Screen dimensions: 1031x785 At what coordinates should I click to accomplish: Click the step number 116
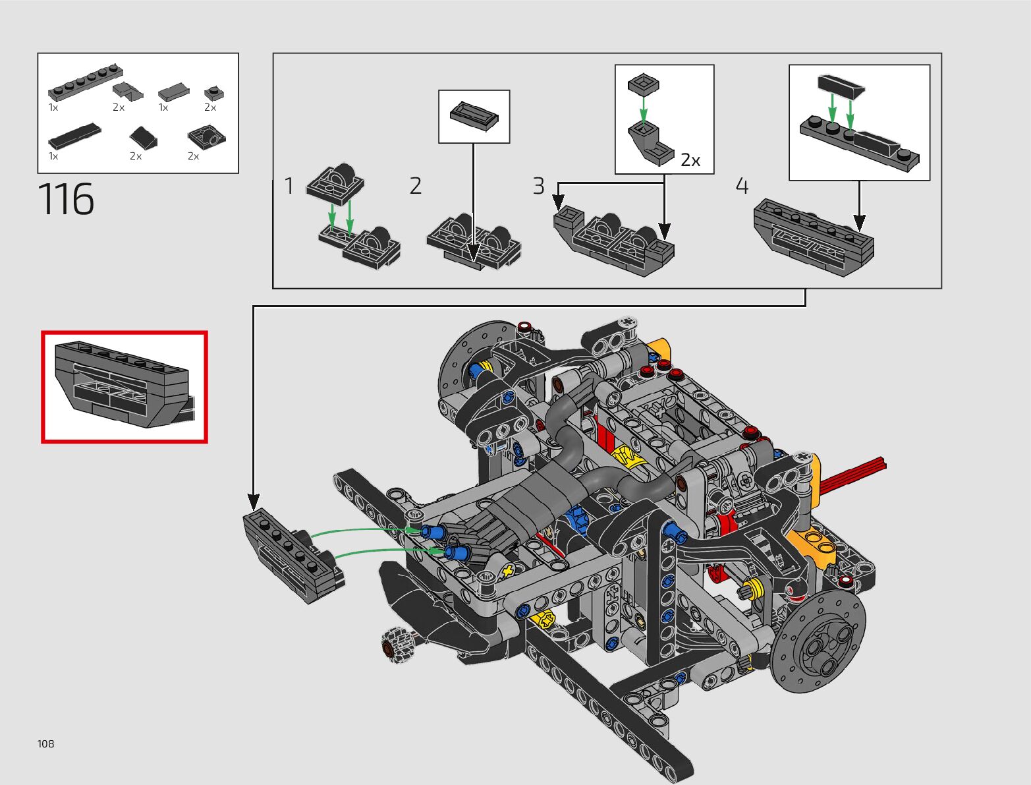point(67,199)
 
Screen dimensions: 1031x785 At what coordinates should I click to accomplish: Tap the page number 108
point(46,744)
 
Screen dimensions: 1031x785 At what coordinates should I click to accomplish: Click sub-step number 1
point(289,187)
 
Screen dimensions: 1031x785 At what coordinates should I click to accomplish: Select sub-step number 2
point(415,187)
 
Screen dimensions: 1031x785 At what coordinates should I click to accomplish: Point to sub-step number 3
point(538,187)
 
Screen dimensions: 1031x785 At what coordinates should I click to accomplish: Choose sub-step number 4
point(742,187)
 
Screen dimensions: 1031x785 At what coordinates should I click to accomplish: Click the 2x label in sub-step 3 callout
point(690,160)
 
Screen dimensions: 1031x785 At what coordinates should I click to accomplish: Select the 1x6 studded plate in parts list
point(85,82)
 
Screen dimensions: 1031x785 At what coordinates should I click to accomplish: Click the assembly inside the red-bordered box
point(124,386)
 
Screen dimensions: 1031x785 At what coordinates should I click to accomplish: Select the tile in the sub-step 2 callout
point(474,115)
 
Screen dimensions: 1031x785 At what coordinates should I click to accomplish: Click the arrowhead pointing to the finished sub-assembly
point(253,502)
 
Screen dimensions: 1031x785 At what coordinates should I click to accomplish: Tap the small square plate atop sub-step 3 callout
point(644,84)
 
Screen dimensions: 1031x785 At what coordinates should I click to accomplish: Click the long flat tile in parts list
point(74,135)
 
